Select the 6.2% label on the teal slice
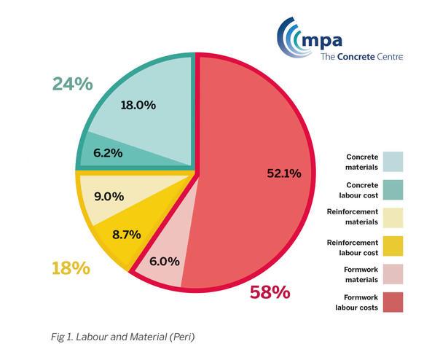tap(107, 153)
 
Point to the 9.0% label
tap(109, 195)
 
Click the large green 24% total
tap(72, 84)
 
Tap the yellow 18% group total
tap(70, 268)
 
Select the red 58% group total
tap(270, 293)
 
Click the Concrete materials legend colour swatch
tap(392, 161)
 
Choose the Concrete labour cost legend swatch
tap(392, 189)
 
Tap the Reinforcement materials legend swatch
tap(392, 217)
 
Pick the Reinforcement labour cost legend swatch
tap(392, 246)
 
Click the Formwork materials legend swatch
tap(392, 273)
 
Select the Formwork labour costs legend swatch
tap(392, 302)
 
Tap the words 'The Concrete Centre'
tap(361, 56)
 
